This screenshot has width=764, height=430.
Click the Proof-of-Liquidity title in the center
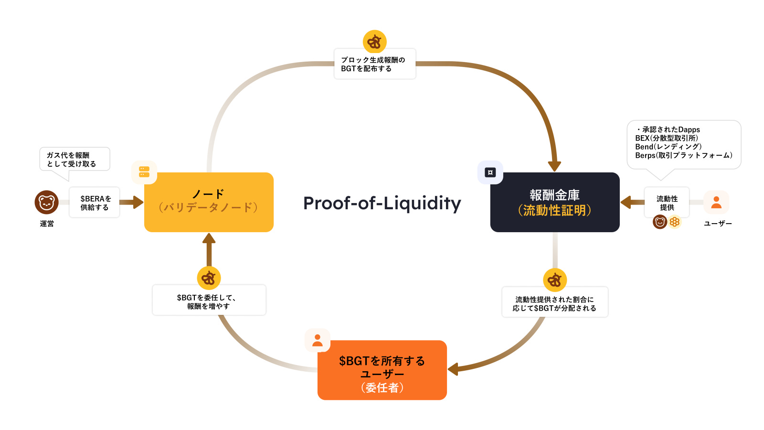tap(382, 203)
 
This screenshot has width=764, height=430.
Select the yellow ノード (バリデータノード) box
tap(209, 202)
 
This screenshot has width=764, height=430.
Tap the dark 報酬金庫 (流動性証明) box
tap(555, 202)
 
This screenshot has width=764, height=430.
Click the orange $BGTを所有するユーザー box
tap(382, 370)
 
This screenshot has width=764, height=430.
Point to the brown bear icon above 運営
tap(47, 202)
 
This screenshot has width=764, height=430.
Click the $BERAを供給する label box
tap(95, 203)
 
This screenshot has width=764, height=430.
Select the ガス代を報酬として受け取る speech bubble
tap(74, 159)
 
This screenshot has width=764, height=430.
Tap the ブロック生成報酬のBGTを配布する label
tap(375, 64)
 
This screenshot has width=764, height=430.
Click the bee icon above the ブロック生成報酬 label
tap(375, 42)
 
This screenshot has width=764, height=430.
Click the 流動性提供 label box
tap(667, 203)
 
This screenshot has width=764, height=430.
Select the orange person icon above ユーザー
tap(716, 202)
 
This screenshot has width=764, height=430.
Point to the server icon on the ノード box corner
tap(144, 172)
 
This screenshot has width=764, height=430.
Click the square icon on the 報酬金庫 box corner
tap(490, 172)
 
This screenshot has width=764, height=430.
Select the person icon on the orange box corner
tap(318, 340)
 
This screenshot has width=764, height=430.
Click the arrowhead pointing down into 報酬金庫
tap(554, 166)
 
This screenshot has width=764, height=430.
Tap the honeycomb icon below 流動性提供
tap(674, 222)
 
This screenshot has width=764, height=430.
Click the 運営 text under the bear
tap(47, 224)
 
